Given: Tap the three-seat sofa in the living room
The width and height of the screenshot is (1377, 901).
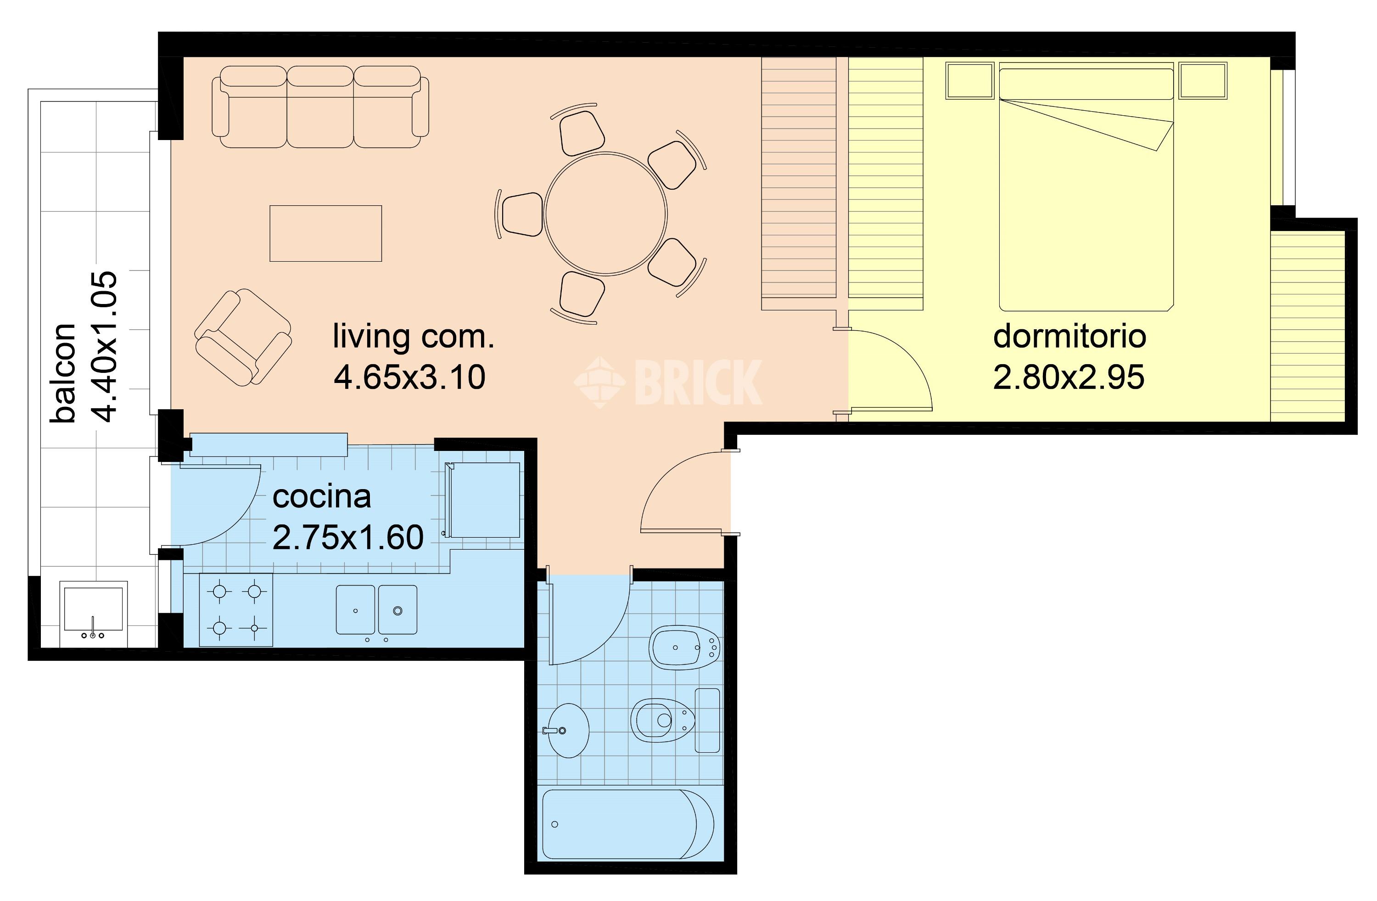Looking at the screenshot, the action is (x=320, y=107).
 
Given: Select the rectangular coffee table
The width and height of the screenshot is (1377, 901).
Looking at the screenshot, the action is (x=326, y=233).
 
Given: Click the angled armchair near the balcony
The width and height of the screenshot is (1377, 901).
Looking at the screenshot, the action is (x=243, y=338).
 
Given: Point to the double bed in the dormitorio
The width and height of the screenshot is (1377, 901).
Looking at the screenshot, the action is (x=1086, y=188).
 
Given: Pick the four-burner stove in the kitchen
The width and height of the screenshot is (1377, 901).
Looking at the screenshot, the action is (x=236, y=610).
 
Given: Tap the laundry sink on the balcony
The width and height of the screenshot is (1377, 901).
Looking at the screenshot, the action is (x=93, y=614).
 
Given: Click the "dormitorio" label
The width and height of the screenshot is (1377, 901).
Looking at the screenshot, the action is (x=1069, y=336).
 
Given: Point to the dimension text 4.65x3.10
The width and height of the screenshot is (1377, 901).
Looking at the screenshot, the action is (x=409, y=377).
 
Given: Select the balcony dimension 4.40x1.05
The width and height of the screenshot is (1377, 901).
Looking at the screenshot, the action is (x=105, y=347).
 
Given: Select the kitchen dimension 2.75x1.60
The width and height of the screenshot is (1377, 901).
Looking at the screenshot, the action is (x=348, y=538).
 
